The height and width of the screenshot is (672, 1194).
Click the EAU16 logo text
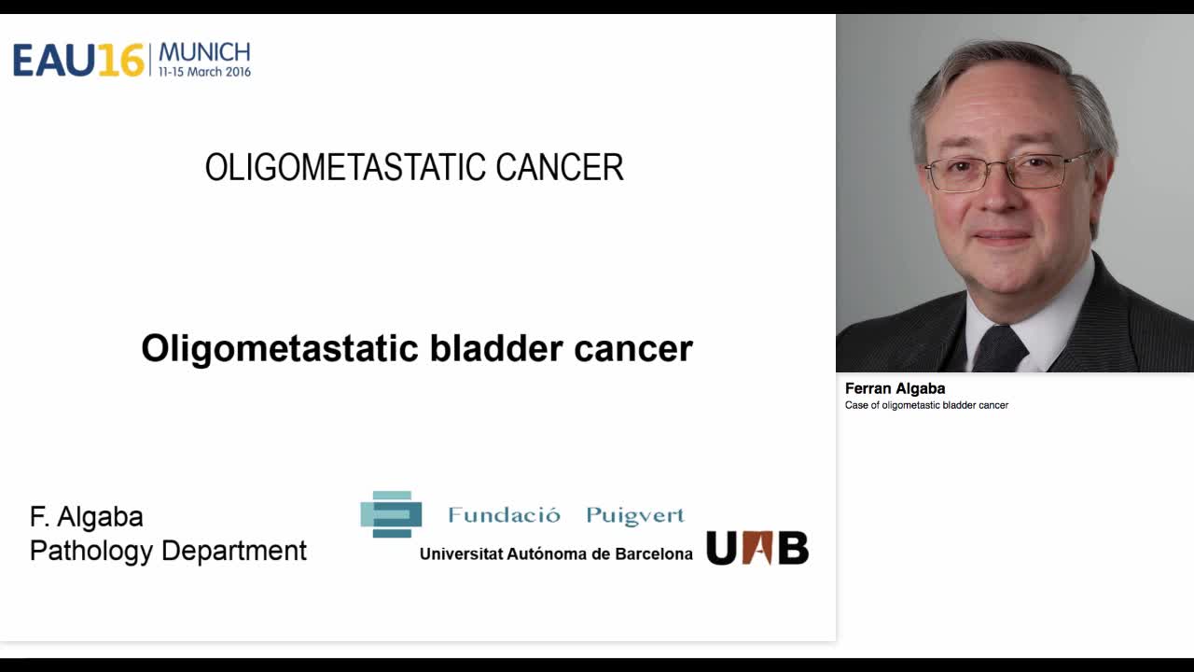[78, 60]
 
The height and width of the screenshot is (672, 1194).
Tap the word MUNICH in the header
[204, 51]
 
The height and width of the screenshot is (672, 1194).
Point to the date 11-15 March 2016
[204, 72]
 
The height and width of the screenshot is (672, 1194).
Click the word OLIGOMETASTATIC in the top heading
[345, 168]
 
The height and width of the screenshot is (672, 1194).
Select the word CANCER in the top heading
[559, 168]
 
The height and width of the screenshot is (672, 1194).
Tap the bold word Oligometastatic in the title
[280, 348]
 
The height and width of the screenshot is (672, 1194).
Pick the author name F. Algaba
[87, 517]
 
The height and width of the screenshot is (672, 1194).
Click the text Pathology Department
[168, 551]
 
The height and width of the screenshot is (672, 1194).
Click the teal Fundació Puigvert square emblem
[391, 514]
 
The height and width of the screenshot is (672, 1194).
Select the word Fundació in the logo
[504, 515]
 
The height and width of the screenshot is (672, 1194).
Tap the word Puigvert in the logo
[635, 515]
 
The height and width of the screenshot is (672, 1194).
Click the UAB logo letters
[757, 548]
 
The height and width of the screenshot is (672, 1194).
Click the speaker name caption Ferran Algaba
[895, 388]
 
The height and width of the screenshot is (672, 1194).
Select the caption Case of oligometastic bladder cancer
[926, 405]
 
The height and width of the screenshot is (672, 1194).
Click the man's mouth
[1002, 237]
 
